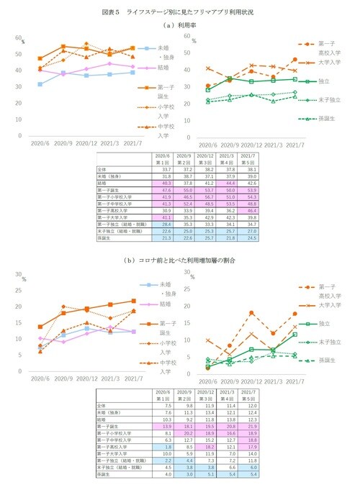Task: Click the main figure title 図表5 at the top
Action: [179, 13]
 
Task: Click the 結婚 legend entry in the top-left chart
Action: [163, 68]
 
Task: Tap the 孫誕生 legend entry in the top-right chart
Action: [328, 118]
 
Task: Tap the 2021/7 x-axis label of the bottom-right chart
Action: [294, 378]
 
